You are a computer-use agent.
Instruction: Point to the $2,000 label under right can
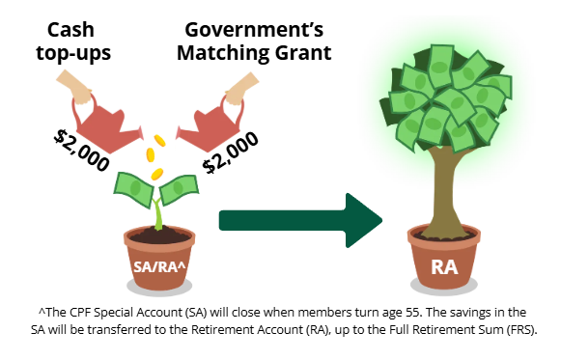[232, 150]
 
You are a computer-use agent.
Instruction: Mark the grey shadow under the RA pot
[445, 291]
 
